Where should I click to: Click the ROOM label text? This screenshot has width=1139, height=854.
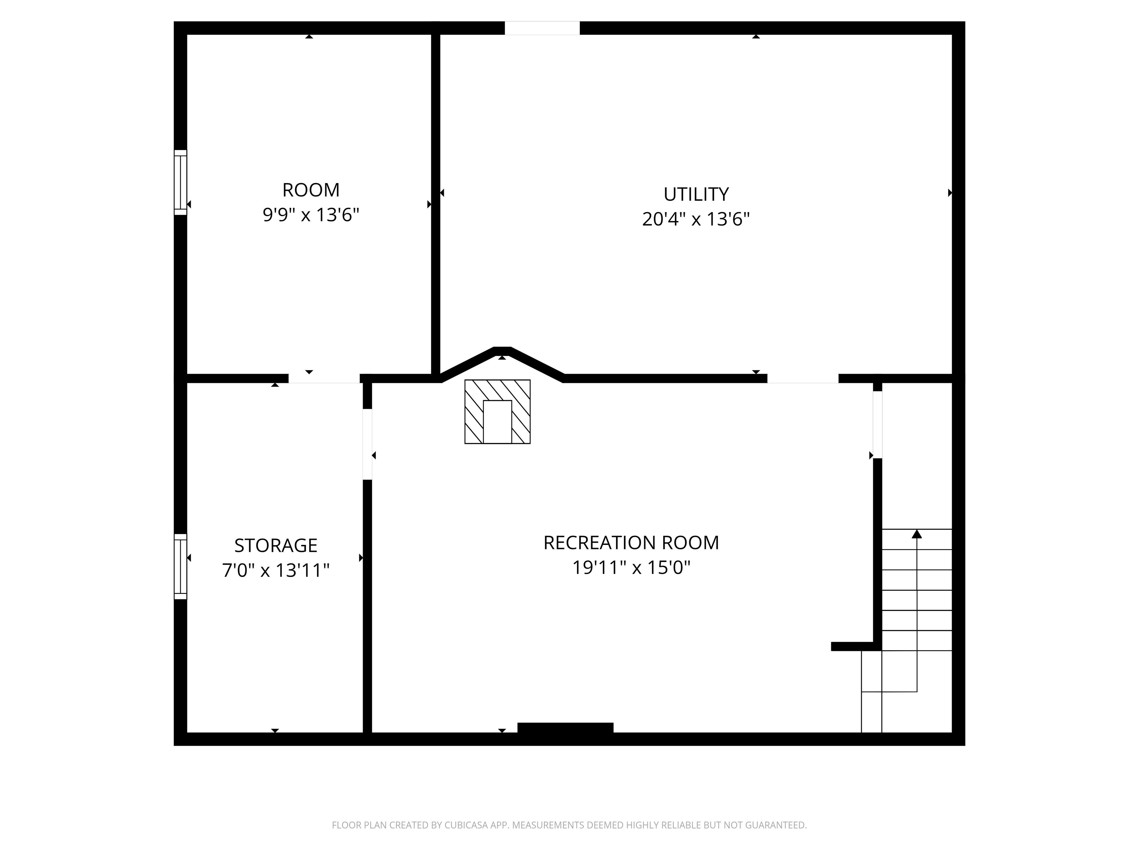click(x=311, y=190)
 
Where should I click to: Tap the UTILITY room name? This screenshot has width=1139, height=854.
click(x=696, y=194)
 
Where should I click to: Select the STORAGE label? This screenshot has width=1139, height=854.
click(x=276, y=545)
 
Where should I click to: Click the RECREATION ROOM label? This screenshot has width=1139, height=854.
click(x=631, y=543)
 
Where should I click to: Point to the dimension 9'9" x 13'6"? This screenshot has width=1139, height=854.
click(x=311, y=215)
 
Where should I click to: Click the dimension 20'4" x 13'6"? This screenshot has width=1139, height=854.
click(x=696, y=219)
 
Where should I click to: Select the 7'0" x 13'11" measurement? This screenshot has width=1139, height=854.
click(x=276, y=570)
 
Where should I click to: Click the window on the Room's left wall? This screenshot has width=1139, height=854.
click(x=180, y=182)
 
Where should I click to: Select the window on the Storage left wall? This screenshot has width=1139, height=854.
click(x=180, y=566)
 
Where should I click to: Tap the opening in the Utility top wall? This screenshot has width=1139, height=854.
click(x=542, y=28)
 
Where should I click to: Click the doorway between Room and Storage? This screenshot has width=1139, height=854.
click(x=324, y=379)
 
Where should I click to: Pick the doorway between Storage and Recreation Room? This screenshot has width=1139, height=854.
click(x=367, y=444)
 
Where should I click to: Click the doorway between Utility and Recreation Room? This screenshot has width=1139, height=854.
click(x=803, y=379)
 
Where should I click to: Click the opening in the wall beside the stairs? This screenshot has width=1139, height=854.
click(x=877, y=425)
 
